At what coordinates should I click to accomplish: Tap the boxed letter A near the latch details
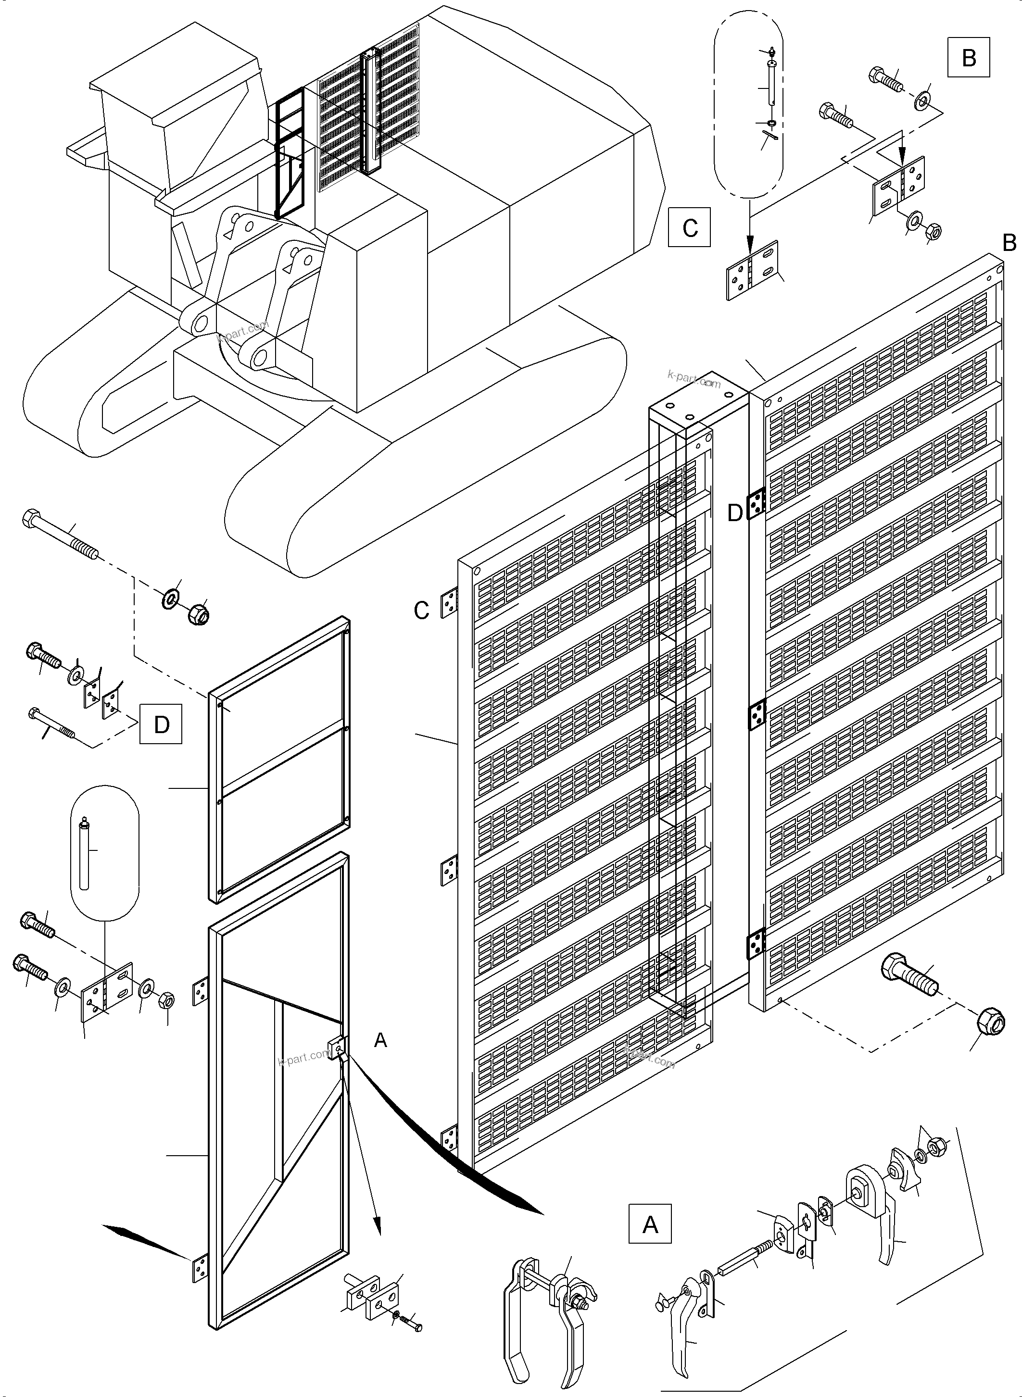click(650, 1224)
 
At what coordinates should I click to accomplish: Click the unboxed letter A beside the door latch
click(380, 1041)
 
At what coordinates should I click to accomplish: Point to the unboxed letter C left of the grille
click(421, 611)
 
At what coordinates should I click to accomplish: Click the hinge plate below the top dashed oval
click(754, 270)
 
